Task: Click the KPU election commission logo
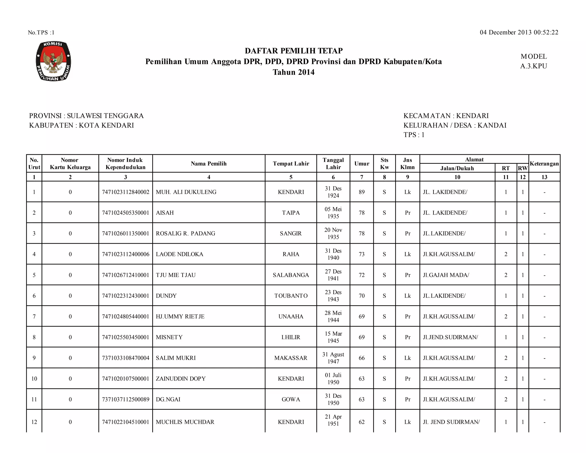[53, 61]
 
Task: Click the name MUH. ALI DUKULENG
[186, 192]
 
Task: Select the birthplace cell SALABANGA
[291, 275]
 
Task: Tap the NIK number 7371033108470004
[126, 358]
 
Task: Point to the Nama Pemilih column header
[209, 164]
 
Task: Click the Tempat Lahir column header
[291, 164]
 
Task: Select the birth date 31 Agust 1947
[333, 358]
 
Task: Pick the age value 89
[362, 192]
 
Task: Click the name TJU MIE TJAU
[176, 275]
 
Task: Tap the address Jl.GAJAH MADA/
[446, 275]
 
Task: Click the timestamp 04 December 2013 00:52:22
[519, 32]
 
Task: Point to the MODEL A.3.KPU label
[533, 61]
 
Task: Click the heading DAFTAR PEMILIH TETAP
[294, 51]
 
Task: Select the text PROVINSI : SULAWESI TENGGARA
[86, 116]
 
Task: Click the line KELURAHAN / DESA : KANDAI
[455, 125]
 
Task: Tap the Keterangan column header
[544, 164]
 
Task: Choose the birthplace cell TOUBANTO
[291, 296]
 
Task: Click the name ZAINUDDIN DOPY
[181, 379]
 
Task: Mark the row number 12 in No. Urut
[34, 422]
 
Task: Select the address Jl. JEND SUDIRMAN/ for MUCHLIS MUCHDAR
[451, 422]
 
